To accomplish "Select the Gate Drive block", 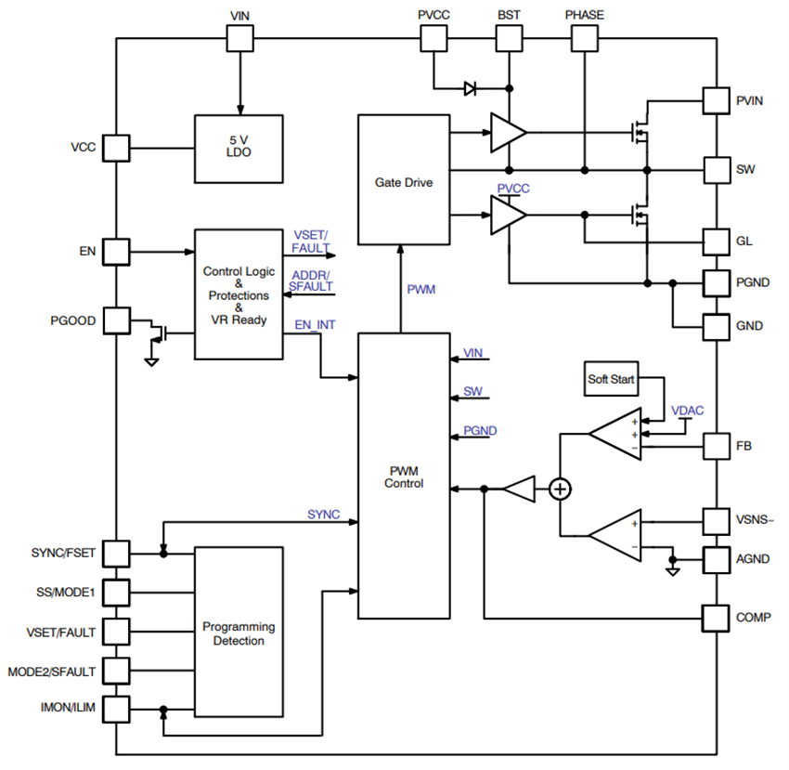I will pos(404,180).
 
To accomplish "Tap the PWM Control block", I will pos(404,476).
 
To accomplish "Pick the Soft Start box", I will pos(610,379).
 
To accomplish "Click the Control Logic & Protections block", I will pos(239,294).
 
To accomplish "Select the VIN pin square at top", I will pos(240,38).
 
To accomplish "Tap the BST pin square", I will pos(509,38).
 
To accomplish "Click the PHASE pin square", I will pos(584,38).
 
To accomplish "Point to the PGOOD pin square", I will pos(116,320).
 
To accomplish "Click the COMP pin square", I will pos(716,618).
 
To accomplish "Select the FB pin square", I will pos(716,446).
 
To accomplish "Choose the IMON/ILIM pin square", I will pos(116,709).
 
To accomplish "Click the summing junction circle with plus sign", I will pos(560,489).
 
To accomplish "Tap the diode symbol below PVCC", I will pos(470,89).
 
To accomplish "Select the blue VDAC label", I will pos(688,409).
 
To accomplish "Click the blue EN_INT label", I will pos(315,325).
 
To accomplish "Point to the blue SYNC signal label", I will pos(323,514).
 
